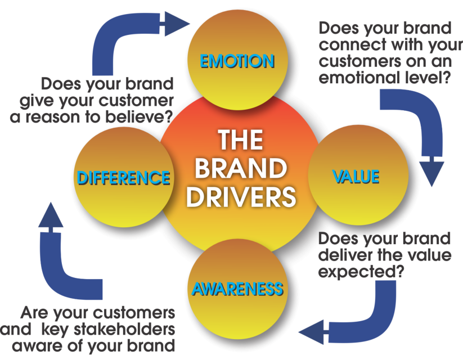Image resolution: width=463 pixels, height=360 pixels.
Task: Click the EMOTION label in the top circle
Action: click(237, 61)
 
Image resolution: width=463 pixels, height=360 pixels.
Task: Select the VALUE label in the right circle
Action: click(356, 177)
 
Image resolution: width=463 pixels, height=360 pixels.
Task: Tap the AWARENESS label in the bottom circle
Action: click(237, 289)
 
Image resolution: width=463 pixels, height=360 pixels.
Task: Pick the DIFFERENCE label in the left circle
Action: click(124, 178)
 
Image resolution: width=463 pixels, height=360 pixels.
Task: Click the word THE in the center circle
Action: click(241, 140)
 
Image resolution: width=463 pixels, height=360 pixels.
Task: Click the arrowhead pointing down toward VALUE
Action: click(432, 174)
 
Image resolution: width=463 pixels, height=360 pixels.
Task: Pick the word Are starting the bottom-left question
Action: click(37, 313)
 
